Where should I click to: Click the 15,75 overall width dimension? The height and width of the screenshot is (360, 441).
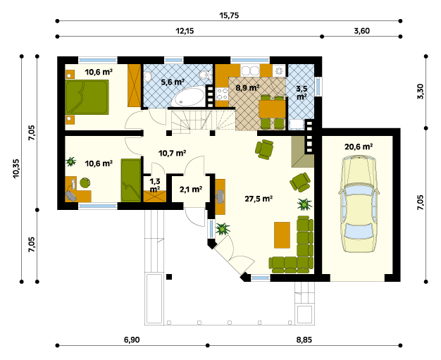[229, 15]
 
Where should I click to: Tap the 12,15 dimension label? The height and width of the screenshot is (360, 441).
[185, 31]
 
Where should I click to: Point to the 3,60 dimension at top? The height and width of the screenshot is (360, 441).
[361, 31]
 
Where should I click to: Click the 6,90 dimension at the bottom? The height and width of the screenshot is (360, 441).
[132, 340]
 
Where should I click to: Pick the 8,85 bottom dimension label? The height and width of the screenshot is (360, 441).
[304, 340]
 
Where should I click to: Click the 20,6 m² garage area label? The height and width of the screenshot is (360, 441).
[359, 147]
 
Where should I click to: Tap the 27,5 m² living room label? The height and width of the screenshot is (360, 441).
[259, 199]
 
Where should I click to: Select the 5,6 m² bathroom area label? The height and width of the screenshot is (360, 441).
[173, 82]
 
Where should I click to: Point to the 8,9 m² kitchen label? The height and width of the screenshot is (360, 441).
[247, 88]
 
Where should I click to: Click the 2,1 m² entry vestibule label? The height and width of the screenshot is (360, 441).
[191, 190]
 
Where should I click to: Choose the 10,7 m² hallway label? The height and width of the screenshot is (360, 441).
[172, 154]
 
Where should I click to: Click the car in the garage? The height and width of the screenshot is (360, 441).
[359, 204]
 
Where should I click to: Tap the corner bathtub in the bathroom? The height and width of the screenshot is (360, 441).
[188, 97]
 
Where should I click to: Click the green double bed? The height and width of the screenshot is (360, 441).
[87, 97]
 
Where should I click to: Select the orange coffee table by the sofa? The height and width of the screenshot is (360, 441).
[282, 235]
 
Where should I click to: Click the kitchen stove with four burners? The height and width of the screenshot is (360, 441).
[222, 94]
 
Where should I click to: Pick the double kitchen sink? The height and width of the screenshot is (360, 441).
[250, 70]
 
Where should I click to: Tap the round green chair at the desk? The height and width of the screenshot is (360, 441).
[85, 182]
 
